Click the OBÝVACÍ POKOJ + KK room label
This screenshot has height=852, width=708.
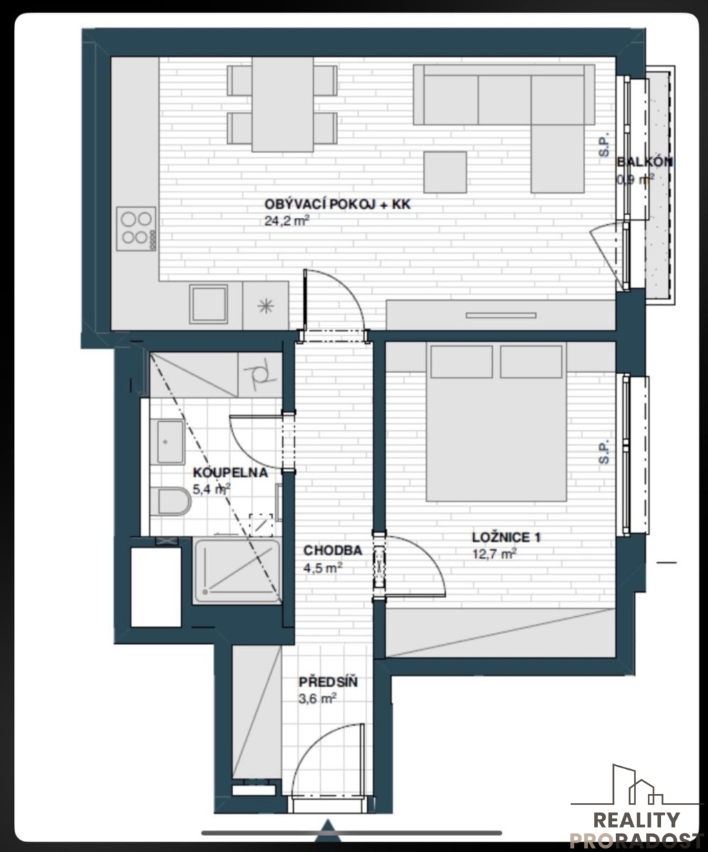(337, 204)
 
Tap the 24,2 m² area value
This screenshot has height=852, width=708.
(287, 221)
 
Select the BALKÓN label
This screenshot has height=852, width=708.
(644, 162)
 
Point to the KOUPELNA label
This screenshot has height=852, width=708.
(230, 472)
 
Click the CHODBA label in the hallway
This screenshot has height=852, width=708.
(333, 550)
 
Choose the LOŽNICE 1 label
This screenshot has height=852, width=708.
(506, 537)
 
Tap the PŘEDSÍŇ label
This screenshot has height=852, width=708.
(328, 682)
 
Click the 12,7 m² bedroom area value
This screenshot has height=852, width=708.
(494, 554)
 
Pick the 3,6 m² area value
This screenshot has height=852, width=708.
(317, 699)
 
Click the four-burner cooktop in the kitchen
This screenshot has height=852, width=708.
(136, 228)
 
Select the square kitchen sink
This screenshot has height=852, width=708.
(209, 304)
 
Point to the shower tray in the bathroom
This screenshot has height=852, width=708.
(236, 571)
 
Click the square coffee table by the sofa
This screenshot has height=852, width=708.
(445, 172)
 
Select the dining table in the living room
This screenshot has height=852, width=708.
(283, 104)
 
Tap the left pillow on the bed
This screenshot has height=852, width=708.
(462, 362)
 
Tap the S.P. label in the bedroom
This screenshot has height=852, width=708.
(604, 452)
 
